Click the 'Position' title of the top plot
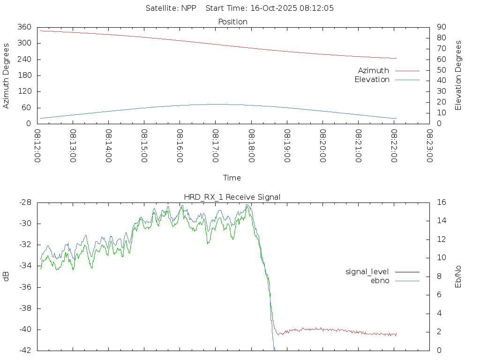point(232,22)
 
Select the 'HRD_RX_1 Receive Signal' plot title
point(232,197)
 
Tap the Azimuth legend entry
point(374,71)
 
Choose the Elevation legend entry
point(372,80)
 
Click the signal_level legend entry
point(367,272)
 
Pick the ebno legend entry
point(380,281)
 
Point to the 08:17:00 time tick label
point(215,146)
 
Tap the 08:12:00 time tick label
point(37,146)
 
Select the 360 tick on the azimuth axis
point(24,27)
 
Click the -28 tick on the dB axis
point(25,202)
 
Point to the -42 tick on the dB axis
point(25,350)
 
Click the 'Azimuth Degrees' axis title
point(7,75)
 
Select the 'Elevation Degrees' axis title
point(458,75)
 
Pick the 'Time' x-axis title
point(232,178)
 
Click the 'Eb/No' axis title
point(458,276)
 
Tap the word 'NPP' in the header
point(192,8)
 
